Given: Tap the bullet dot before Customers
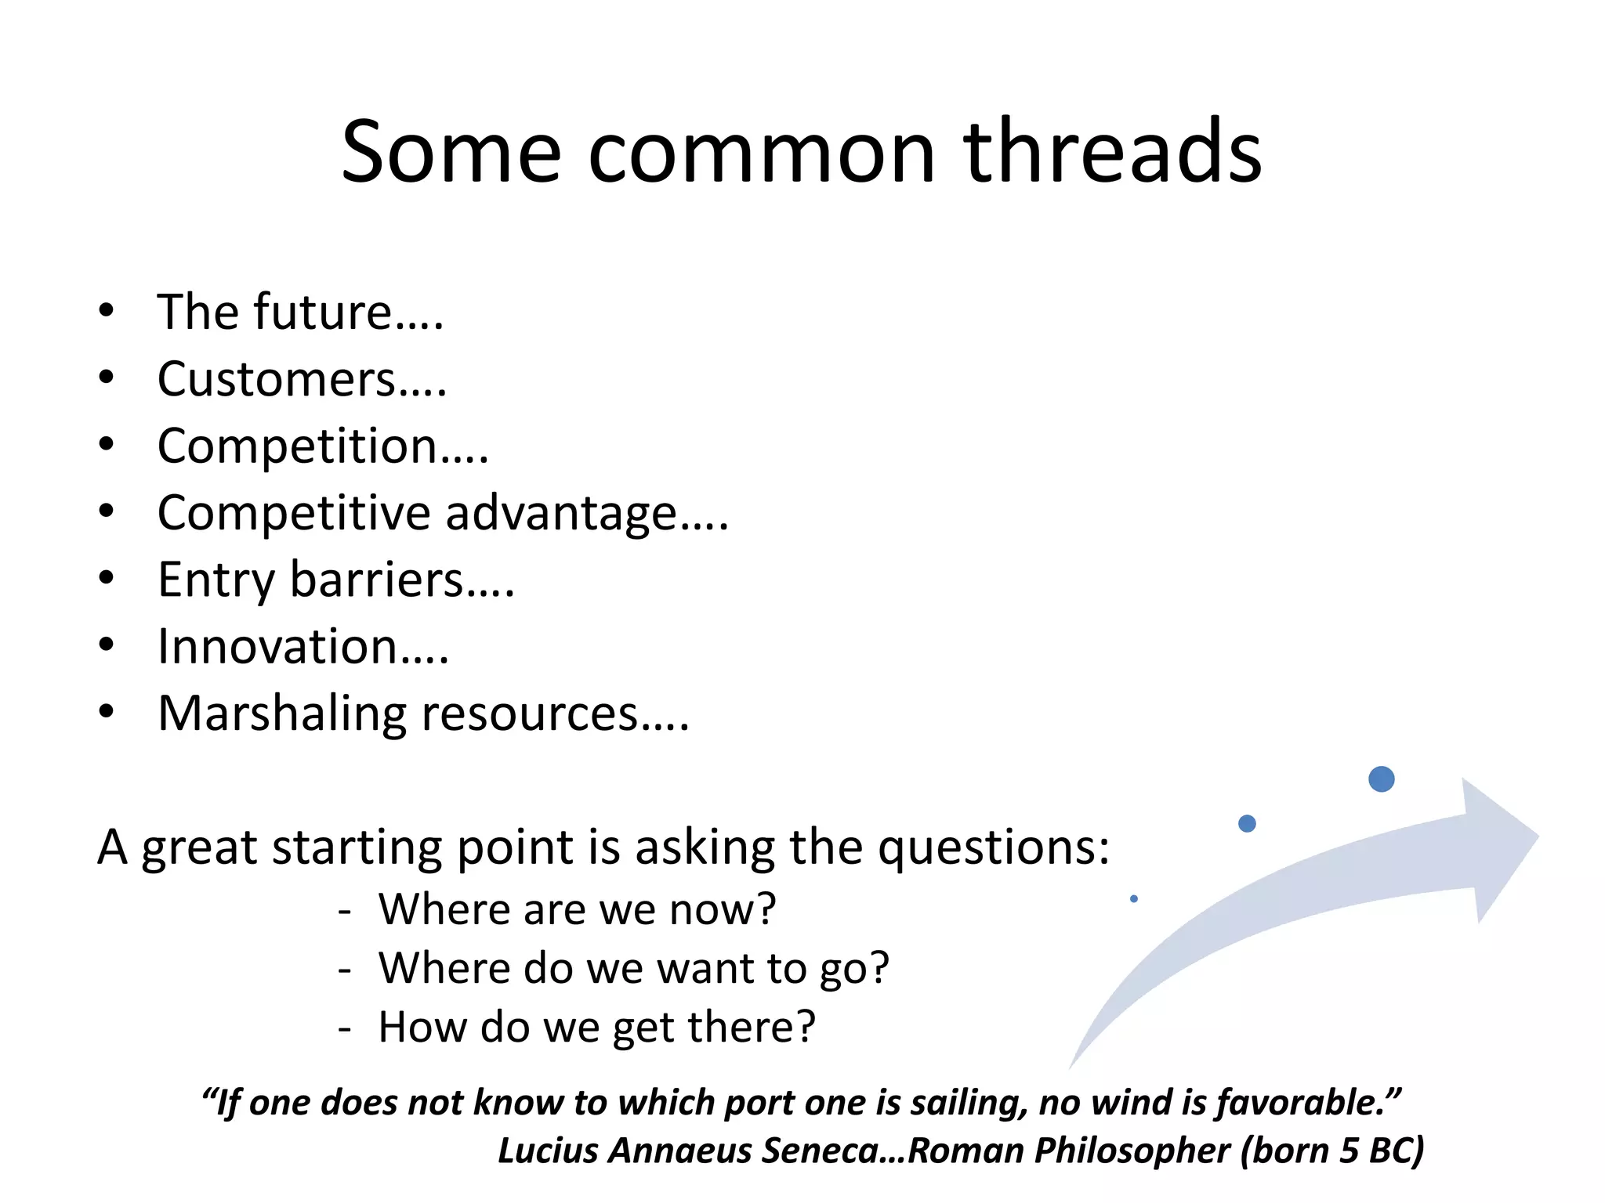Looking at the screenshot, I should point(107,378).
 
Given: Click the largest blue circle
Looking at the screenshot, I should point(1381,779).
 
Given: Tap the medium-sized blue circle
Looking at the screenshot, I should point(1247,823).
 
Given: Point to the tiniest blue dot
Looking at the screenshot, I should point(1134,899).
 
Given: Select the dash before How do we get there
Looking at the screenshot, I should point(344,1028).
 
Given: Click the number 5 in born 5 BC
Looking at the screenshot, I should point(1348,1151).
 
